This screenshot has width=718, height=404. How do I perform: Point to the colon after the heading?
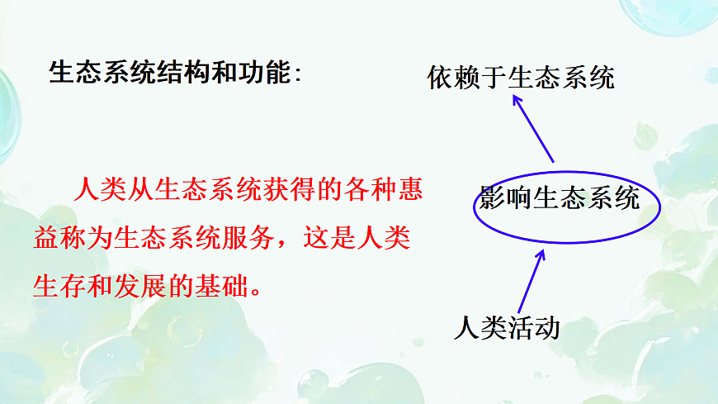[298, 74]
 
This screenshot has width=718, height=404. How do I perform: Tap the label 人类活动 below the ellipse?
[507, 328]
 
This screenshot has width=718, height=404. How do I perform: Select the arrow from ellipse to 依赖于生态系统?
[533, 128]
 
